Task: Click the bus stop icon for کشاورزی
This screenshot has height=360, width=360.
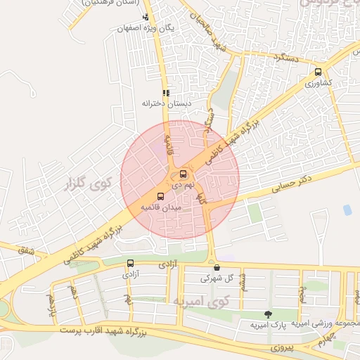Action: click(x=319, y=72)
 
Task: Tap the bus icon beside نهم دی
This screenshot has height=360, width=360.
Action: click(x=184, y=174)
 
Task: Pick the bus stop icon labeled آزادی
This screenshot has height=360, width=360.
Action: click(x=130, y=264)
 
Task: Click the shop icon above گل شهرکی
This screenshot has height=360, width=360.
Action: click(x=217, y=267)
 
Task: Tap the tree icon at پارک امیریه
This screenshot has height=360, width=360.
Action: click(x=267, y=314)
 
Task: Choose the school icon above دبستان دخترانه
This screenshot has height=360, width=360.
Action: click(x=166, y=92)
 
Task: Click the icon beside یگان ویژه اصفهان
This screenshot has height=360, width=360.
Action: click(x=146, y=18)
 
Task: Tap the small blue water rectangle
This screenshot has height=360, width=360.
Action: click(x=347, y=210)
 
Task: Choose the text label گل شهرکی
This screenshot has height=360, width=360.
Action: click(x=215, y=278)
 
